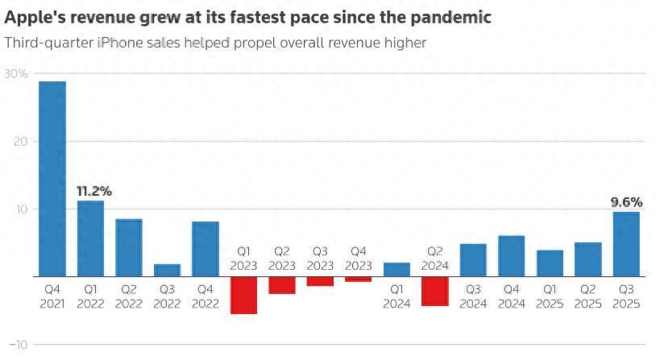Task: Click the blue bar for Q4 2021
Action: (52, 179)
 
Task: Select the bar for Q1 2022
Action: (90, 238)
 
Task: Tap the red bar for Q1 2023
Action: (243, 295)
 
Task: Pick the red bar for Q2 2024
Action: (434, 291)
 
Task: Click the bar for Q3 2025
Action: (626, 244)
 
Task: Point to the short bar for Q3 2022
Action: (167, 271)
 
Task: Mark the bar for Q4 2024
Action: (511, 256)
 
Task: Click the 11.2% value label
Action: (94, 192)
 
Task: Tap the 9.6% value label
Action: (625, 203)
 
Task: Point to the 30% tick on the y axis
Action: (16, 74)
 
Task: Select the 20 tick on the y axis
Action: (20, 142)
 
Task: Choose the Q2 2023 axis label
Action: (282, 259)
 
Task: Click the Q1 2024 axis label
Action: (397, 296)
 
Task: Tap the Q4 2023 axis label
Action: (359, 259)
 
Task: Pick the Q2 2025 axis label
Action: (587, 296)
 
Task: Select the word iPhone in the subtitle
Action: (122, 43)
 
